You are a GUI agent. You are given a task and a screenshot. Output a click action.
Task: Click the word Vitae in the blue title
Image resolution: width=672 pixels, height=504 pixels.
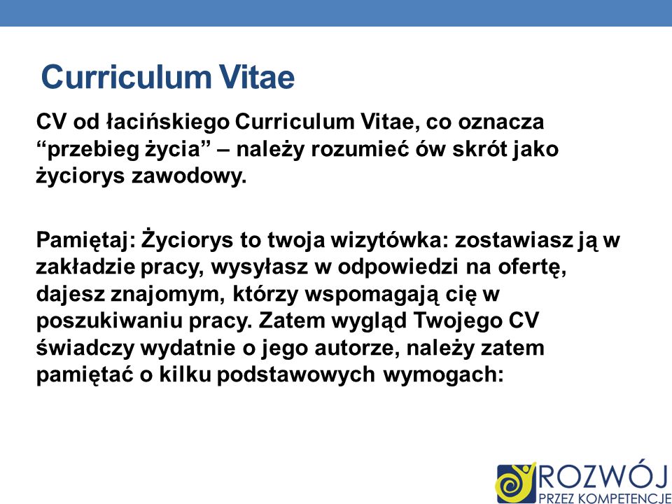(258, 77)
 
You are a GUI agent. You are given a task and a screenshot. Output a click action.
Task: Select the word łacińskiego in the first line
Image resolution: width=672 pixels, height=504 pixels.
(167, 122)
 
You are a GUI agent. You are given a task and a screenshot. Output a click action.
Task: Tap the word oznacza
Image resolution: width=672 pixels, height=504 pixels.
(501, 122)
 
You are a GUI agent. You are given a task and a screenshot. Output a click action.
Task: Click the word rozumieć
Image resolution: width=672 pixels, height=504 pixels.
(360, 148)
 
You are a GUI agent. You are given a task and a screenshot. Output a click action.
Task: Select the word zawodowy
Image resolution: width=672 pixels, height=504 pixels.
(188, 176)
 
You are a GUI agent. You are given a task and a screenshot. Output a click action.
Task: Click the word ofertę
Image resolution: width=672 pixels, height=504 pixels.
(532, 267)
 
